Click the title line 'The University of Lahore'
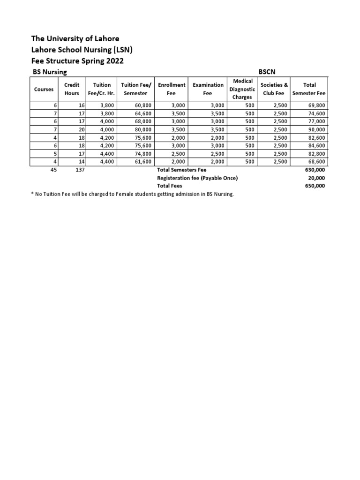(x=75, y=38)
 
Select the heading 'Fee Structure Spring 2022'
(x=77, y=61)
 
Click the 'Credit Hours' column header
(x=72, y=89)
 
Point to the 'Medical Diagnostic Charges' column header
(x=242, y=89)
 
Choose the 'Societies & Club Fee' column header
(x=274, y=89)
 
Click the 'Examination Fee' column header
(x=208, y=89)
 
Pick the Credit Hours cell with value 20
(x=81, y=129)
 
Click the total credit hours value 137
(x=80, y=170)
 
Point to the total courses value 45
(x=53, y=170)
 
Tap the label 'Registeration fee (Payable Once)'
(x=197, y=178)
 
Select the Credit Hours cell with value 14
(x=81, y=162)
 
